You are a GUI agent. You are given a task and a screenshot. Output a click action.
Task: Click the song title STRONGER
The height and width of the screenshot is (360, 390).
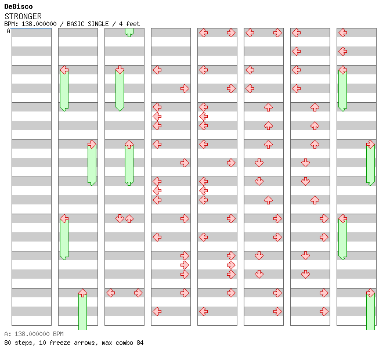(23, 16)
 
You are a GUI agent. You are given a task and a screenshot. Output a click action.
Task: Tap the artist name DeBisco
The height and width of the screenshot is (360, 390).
(19, 6)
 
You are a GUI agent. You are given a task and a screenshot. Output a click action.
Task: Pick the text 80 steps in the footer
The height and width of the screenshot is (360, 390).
(18, 343)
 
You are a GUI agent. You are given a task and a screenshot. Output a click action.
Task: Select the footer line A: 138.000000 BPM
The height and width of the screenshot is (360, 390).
(34, 334)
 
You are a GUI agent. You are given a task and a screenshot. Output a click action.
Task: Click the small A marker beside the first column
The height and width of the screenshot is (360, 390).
(9, 31)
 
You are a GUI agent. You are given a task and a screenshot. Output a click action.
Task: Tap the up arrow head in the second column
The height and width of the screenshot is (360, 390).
(82, 293)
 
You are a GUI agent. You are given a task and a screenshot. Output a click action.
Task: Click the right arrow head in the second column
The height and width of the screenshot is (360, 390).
(92, 144)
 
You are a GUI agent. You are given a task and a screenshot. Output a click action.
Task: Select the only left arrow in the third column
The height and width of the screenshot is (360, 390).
(110, 293)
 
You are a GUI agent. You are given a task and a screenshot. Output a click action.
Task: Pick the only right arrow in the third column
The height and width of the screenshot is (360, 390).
(138, 293)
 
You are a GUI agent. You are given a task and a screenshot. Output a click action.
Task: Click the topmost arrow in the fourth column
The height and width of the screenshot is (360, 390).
(157, 70)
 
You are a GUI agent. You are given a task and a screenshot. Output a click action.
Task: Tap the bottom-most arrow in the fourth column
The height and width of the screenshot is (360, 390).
(157, 311)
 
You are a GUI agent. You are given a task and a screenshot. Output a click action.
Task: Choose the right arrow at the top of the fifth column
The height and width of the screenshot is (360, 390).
(231, 33)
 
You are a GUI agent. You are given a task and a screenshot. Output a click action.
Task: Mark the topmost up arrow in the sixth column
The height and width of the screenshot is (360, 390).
(268, 107)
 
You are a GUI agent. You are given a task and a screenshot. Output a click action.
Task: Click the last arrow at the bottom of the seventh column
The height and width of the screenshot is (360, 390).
(324, 311)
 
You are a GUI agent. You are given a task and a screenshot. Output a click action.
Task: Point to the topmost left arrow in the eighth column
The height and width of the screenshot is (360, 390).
(342, 33)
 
